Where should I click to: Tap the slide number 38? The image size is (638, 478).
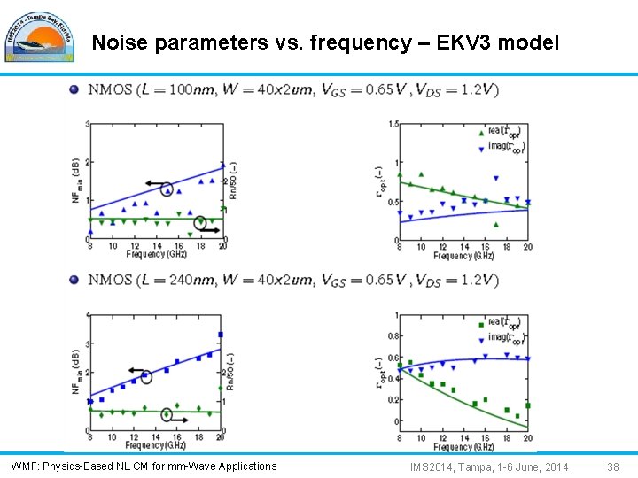pos(613,466)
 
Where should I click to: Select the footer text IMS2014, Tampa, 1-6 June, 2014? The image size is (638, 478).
pos(489,466)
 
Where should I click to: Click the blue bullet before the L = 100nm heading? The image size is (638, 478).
pos(74,89)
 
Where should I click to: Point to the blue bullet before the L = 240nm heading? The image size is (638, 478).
pos(74,280)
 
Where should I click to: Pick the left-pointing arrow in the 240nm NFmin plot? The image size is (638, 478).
pos(136,370)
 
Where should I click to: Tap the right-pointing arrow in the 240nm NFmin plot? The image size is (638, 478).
pos(177,420)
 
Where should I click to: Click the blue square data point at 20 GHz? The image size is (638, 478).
pos(220,335)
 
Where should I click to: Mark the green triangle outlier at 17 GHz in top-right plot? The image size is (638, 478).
pos(496,224)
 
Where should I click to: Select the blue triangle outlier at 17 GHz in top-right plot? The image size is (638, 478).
pos(496,177)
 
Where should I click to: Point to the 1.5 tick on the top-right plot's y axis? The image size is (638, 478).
pos(392,125)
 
